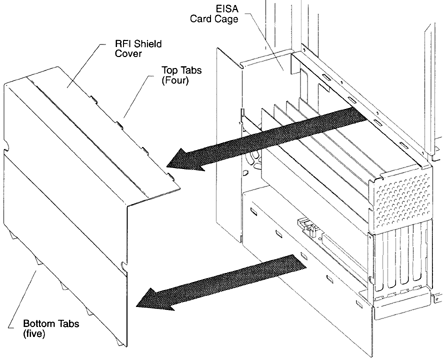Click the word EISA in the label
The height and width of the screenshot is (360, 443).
click(227, 8)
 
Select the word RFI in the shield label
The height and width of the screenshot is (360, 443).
click(122, 44)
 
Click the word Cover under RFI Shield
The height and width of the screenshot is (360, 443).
click(128, 53)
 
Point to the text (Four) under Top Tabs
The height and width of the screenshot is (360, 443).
click(175, 80)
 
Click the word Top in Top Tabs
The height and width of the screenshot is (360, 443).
click(170, 70)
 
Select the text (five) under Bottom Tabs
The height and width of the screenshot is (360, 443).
click(34, 333)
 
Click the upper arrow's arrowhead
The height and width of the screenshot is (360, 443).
click(186, 159)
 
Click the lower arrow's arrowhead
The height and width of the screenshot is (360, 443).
click(156, 299)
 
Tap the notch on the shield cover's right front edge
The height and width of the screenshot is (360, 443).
click(123, 266)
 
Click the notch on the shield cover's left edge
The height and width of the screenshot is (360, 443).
click(6, 144)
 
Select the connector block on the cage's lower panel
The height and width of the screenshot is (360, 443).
click(308, 227)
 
